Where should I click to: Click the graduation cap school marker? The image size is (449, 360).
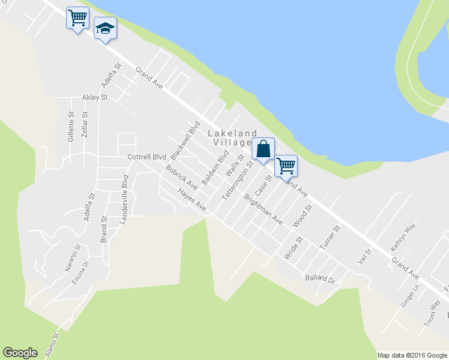(x=105, y=29)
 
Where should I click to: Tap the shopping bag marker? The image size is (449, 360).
(x=264, y=149)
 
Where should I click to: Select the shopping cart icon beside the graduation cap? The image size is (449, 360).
(x=77, y=18)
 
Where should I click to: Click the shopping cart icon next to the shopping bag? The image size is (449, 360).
(x=286, y=165)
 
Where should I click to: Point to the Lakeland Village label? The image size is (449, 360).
(x=232, y=138)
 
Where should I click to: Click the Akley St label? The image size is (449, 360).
(x=95, y=97)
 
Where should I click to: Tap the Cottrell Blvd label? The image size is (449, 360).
(x=146, y=157)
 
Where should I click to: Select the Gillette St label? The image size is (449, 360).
(x=71, y=127)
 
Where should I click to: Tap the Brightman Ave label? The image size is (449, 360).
(x=263, y=209)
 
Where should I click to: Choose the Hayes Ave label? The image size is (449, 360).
(x=191, y=200)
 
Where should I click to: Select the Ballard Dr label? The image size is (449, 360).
(x=319, y=279)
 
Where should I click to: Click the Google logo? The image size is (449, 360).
(x=20, y=353)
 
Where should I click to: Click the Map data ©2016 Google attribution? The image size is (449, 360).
(x=412, y=355)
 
